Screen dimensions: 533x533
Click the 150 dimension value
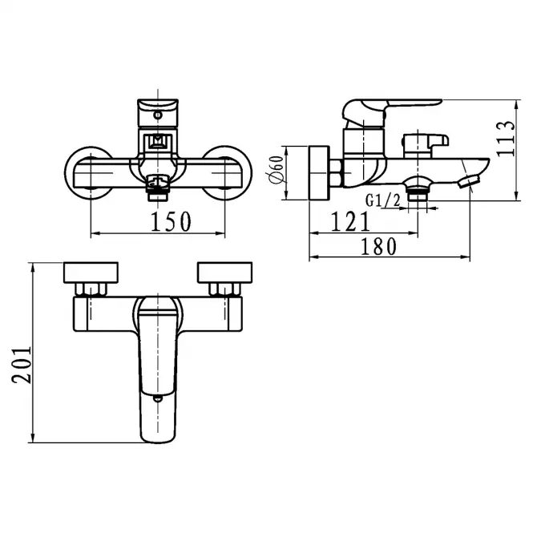(171, 222)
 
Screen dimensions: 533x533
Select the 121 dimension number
(350, 221)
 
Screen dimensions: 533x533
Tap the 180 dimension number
(378, 246)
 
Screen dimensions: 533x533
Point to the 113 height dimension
(506, 139)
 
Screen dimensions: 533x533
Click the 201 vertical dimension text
(22, 365)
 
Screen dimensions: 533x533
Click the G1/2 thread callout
(383, 200)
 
